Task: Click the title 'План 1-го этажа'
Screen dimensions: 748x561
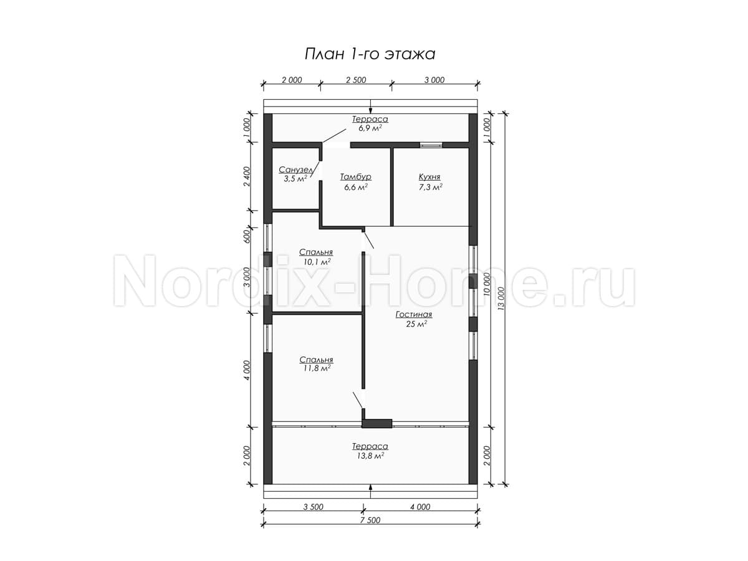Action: [x=370, y=54]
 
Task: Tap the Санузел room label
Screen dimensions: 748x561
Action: [x=296, y=170]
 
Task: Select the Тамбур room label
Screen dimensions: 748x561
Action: [x=356, y=177]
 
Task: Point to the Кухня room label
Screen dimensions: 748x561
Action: [x=429, y=177]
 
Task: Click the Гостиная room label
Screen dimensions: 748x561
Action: [x=414, y=314]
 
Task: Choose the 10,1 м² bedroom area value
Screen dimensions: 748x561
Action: [x=317, y=262]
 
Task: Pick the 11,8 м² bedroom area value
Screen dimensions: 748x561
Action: [x=317, y=368]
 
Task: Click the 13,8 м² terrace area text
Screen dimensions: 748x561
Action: [x=370, y=456]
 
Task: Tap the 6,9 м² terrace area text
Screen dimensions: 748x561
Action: [x=370, y=128]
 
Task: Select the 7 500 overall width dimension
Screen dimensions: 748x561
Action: [x=370, y=520]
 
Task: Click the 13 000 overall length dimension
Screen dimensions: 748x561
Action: [x=501, y=299]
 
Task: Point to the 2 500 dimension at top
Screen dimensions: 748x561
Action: [x=356, y=80]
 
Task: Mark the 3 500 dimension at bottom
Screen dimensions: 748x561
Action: [x=313, y=507]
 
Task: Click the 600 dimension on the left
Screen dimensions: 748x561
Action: [x=247, y=236]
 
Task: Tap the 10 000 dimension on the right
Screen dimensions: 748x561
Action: [x=487, y=284]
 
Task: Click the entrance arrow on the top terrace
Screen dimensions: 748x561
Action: [x=370, y=107]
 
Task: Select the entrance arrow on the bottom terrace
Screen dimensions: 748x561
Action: [x=370, y=491]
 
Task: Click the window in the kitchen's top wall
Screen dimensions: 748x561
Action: [x=431, y=145]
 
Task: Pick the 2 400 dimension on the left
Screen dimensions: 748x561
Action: [x=247, y=176]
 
